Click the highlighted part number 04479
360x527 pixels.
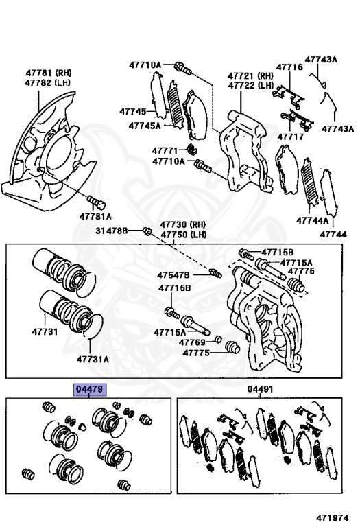pos(90,390)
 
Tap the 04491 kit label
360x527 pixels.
pos(261,389)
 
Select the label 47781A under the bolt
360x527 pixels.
pos(95,216)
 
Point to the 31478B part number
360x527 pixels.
pos(112,231)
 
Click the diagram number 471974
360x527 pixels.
pos(332,517)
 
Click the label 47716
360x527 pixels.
pos(289,67)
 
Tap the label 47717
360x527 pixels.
pos(291,137)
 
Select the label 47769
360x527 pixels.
pos(192,342)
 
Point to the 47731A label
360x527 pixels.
pos(93,360)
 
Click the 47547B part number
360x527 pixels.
pos(173,275)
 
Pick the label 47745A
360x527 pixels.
pos(145,126)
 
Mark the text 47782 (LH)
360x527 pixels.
pos(47,82)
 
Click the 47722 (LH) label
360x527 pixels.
pos(251,85)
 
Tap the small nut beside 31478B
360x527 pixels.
pos(147,231)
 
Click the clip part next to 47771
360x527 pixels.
pos(192,150)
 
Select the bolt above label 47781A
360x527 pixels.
pos(97,202)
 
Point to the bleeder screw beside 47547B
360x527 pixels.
pos(215,272)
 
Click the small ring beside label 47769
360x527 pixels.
pos(217,339)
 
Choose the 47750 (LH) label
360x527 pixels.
pos(183,234)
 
